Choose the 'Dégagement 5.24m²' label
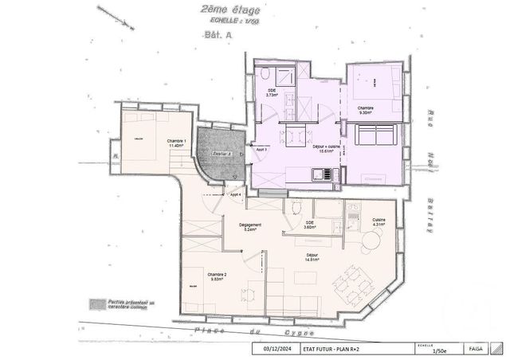coord(251,227)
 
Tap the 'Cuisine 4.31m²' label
coord(379,222)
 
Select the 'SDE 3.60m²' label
coord(309,225)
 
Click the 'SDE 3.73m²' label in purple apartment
coord(271,93)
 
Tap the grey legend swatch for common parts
coord(98,304)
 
